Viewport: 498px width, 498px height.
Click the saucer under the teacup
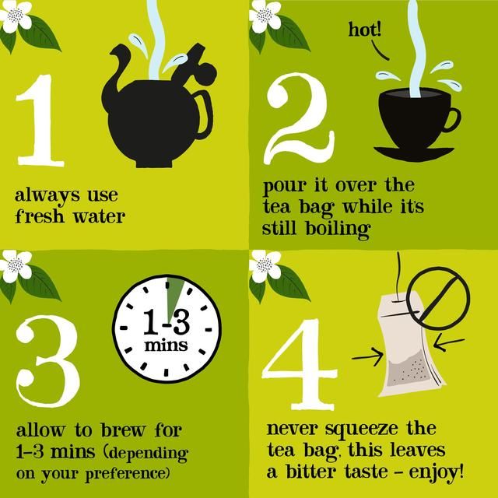(417, 149)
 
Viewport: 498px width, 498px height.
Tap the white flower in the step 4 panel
(266, 266)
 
